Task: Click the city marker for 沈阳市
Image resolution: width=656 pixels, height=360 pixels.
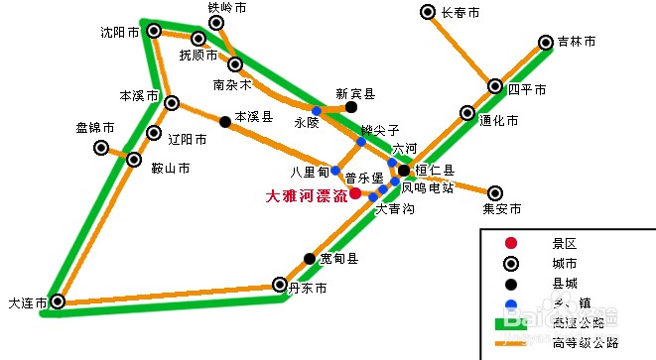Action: click(154, 32)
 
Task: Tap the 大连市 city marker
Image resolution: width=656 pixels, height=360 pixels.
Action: click(59, 301)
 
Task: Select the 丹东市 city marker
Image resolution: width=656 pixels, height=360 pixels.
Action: click(280, 286)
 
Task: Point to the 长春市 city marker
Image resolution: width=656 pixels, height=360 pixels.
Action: click(427, 13)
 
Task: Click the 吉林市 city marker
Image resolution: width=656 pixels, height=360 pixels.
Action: click(545, 43)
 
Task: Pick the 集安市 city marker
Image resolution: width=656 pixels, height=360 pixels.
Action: click(494, 192)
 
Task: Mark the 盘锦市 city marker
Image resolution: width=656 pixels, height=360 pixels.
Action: click(101, 148)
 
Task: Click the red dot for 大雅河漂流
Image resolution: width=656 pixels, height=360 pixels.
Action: click(354, 192)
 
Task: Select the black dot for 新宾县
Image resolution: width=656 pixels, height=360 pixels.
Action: click(351, 106)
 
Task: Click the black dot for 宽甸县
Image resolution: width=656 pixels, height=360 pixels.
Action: click(310, 259)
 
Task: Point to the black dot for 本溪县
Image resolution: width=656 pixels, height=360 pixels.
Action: click(225, 122)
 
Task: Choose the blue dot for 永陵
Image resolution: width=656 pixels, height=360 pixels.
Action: click(316, 110)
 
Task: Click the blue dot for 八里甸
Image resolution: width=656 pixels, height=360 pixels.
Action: click(335, 171)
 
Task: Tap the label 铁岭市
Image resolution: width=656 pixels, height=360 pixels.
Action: click(226, 8)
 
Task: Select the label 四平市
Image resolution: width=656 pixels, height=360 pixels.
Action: click(527, 89)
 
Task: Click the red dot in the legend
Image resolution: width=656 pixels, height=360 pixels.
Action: click(510, 243)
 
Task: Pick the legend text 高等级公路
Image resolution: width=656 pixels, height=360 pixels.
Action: click(586, 343)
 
